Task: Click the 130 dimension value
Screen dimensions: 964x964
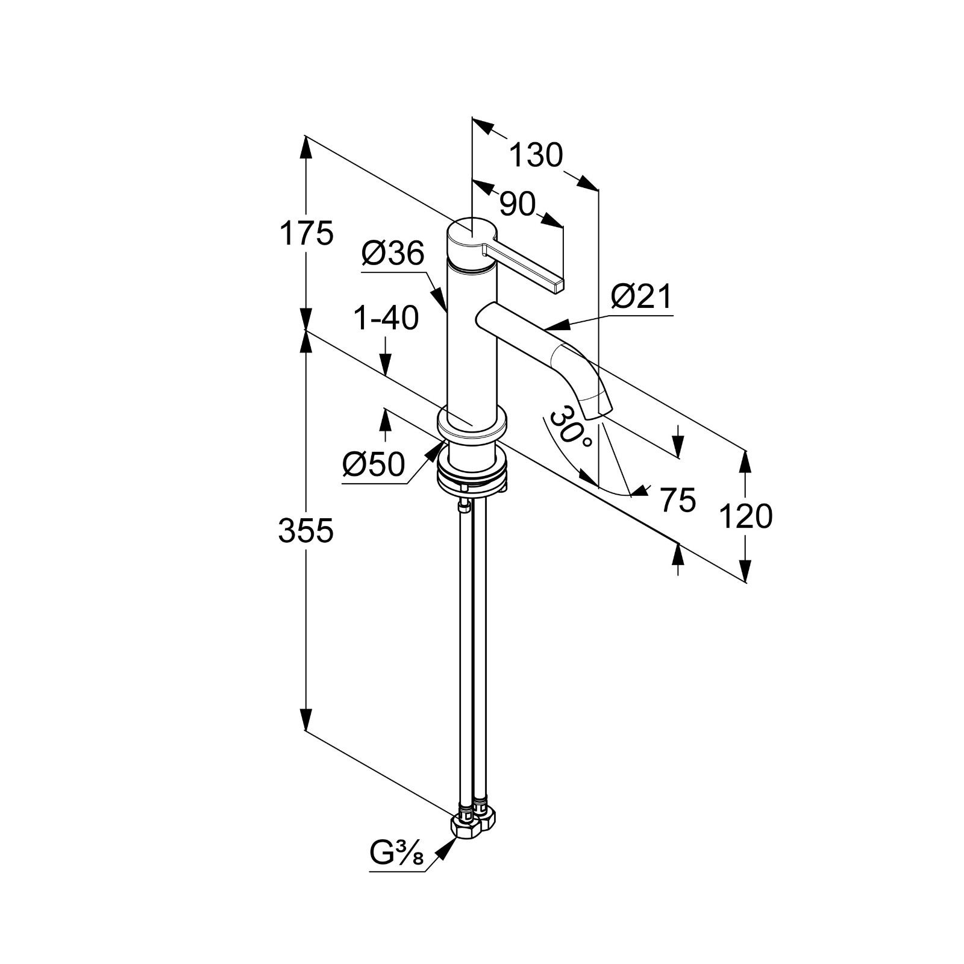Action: pos(536,155)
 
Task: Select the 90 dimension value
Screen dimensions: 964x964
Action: pos(518,205)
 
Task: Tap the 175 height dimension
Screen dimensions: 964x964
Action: pos(305,234)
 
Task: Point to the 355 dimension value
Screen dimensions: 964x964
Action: pos(305,531)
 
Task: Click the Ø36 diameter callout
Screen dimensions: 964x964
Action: pos(393,254)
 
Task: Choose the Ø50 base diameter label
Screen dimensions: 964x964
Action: pos(374,465)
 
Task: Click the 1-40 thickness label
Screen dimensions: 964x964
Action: pos(386,318)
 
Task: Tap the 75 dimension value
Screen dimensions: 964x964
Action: pos(677,499)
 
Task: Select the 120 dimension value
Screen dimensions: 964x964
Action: pos(745,516)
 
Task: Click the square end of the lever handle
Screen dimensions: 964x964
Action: pos(557,286)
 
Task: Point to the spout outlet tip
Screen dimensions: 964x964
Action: pos(596,413)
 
